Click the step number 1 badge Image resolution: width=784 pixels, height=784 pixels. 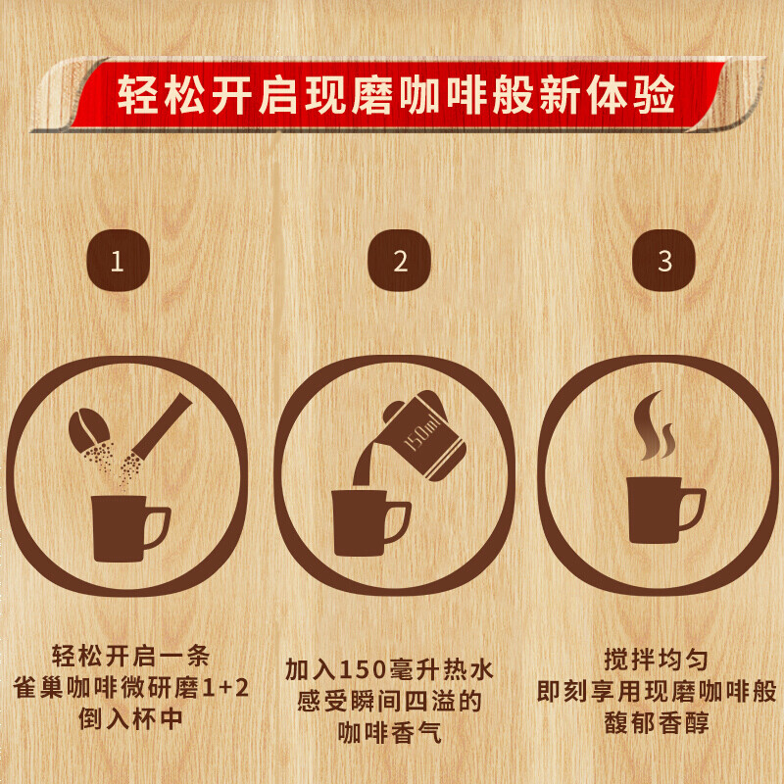point(118,260)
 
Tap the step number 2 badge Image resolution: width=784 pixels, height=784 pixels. point(399,260)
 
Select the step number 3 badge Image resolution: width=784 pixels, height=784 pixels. point(664,260)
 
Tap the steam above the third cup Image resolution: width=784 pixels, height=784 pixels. point(654,426)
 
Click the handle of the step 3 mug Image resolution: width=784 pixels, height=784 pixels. point(694,509)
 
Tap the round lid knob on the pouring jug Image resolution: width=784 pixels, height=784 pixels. point(392,411)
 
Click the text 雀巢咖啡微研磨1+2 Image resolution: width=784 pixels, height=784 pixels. point(131,688)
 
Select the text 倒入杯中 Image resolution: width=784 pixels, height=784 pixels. point(130,719)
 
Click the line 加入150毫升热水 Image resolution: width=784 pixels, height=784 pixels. point(389,670)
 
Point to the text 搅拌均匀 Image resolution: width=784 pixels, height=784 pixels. point(657,660)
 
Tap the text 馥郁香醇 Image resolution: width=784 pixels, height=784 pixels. point(657,723)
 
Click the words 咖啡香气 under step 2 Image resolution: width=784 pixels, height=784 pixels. point(389,733)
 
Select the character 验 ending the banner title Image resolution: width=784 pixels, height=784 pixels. point(656,94)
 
